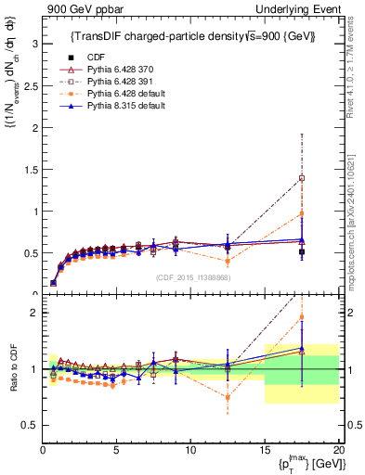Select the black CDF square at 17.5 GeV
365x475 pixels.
pyautogui.click(x=302, y=251)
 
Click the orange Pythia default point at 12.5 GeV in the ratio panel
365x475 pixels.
pyautogui.click(x=228, y=397)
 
